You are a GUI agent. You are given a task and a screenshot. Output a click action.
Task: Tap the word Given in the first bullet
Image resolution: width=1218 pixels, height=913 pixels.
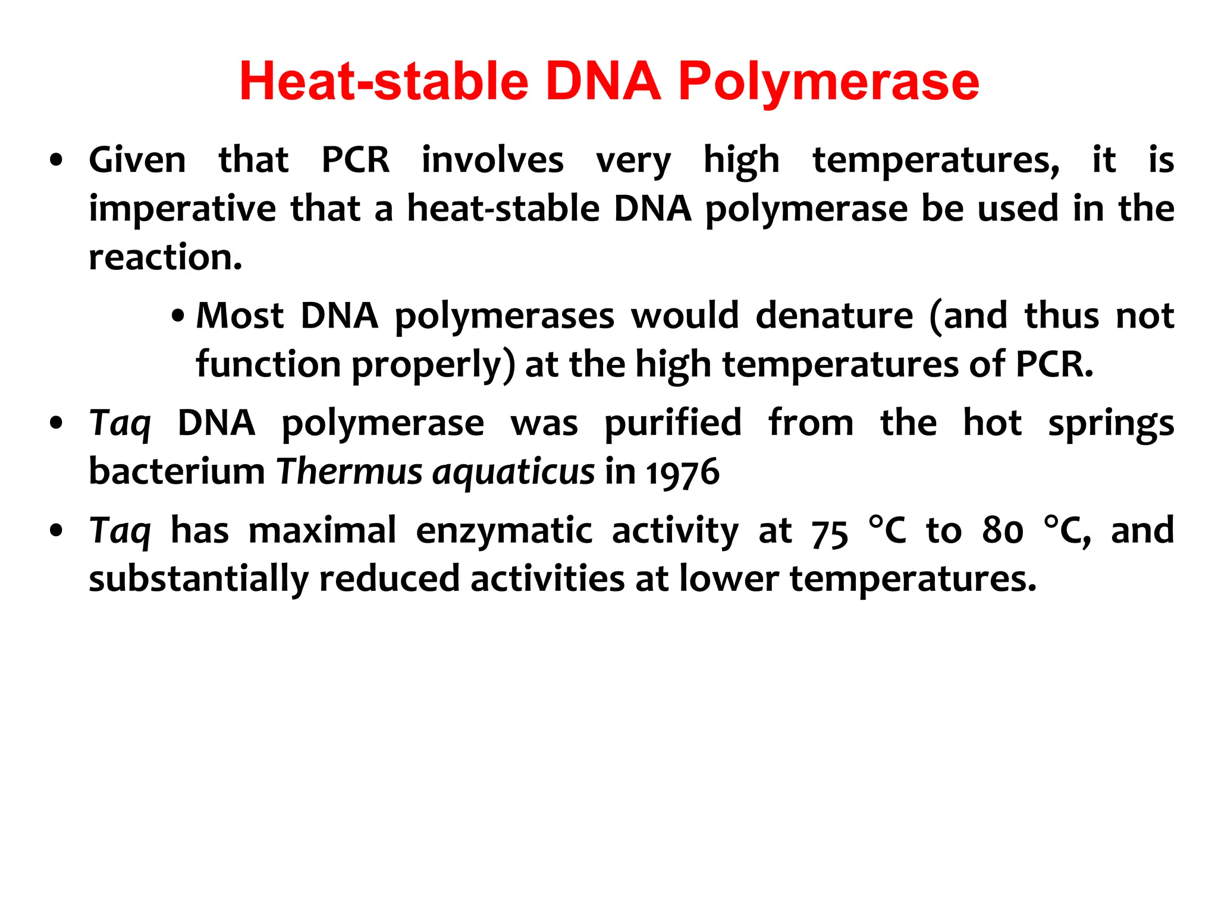pyautogui.click(x=137, y=160)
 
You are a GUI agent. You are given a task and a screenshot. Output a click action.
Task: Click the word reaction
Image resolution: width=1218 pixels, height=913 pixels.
pyautogui.click(x=165, y=257)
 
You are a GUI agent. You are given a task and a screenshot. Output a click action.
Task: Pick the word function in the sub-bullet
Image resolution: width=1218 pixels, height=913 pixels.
pyautogui.click(x=268, y=364)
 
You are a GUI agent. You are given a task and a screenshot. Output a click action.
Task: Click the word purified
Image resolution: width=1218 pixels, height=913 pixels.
pyautogui.click(x=673, y=423)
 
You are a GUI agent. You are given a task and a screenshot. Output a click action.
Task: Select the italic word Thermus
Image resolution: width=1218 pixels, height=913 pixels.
pyautogui.click(x=349, y=472)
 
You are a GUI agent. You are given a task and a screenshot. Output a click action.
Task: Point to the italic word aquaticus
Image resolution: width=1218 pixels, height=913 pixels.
pyautogui.click(x=513, y=473)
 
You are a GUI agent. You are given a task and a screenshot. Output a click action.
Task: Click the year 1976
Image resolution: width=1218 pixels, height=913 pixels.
pyautogui.click(x=683, y=473)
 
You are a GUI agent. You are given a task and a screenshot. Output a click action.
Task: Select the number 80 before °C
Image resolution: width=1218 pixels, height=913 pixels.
pyautogui.click(x=1003, y=531)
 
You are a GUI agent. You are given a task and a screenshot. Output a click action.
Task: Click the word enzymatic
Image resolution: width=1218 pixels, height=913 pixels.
pyautogui.click(x=504, y=531)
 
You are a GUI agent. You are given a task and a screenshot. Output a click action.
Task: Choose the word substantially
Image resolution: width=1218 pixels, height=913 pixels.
pyautogui.click(x=199, y=580)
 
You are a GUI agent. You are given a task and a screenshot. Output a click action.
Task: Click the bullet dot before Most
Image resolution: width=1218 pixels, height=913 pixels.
pyautogui.click(x=177, y=316)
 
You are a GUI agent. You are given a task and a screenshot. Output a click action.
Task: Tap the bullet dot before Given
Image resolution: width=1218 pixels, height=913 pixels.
pyautogui.click(x=56, y=160)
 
